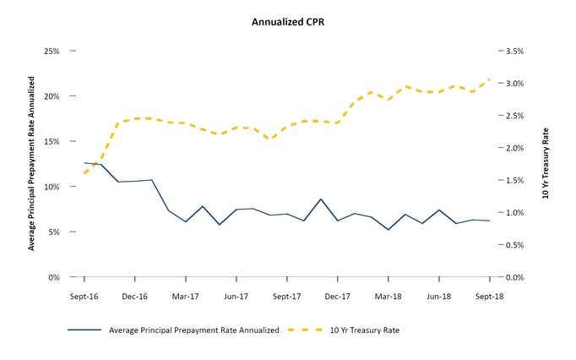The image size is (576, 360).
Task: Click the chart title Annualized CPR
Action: point(288,22)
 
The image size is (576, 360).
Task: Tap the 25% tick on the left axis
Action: point(52,52)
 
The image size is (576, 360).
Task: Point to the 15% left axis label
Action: point(52,142)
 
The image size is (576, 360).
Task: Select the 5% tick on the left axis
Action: point(54,232)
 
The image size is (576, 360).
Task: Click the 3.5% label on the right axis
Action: point(516,52)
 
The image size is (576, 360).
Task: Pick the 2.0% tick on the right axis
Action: point(516,148)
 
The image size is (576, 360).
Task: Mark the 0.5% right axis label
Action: point(516,245)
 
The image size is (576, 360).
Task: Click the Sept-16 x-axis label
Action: point(84,297)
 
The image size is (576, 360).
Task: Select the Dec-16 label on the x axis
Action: point(134,297)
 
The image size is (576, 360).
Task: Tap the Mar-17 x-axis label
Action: point(185,297)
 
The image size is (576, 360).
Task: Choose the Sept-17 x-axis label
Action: point(286,297)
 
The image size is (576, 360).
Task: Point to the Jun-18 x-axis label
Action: point(438,297)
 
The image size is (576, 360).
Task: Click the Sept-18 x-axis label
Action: point(489,297)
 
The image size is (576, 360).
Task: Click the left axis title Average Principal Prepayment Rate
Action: point(32,163)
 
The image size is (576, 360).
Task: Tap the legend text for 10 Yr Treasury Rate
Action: point(365,330)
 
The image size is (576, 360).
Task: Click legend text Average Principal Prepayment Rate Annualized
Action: point(194,330)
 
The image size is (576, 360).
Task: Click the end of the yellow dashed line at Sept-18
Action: point(490,79)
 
